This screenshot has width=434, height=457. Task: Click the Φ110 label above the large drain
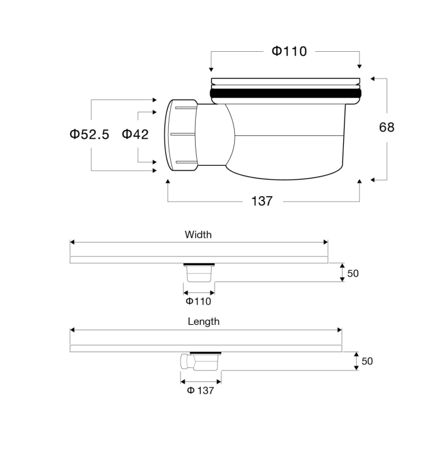click(x=289, y=51)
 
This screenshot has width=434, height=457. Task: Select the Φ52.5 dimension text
click(x=89, y=135)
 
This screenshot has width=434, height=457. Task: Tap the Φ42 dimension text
click(x=135, y=134)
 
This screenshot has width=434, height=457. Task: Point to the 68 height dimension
click(x=386, y=127)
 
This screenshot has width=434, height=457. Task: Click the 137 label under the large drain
click(x=261, y=201)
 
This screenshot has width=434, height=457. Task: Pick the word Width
click(x=198, y=235)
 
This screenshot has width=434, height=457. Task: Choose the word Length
click(x=204, y=322)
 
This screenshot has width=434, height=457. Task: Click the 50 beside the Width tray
click(x=353, y=274)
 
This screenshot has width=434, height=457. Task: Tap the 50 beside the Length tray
click(x=367, y=361)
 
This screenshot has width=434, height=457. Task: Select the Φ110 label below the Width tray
click(x=199, y=301)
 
